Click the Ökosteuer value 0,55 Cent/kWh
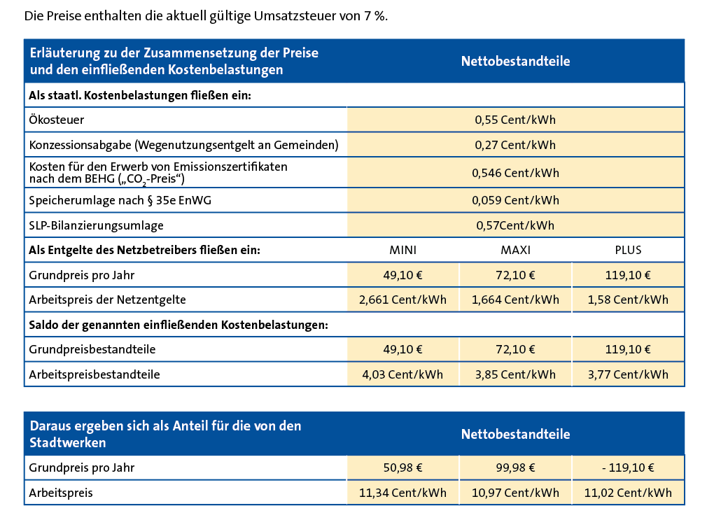pyautogui.click(x=515, y=120)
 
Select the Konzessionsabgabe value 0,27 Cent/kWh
pyautogui.click(x=515, y=145)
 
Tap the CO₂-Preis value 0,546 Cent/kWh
pyautogui.click(x=515, y=173)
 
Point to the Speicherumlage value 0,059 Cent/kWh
pyautogui.click(x=515, y=200)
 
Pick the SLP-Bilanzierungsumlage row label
pyautogui.click(x=96, y=225)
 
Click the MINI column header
pyautogui.click(x=402, y=250)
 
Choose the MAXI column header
pyautogui.click(x=515, y=250)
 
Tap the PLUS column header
pyautogui.click(x=628, y=250)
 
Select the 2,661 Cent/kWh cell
pyautogui.click(x=402, y=300)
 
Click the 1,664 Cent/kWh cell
pyautogui.click(x=515, y=300)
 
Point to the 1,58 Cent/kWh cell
pyautogui.click(x=628, y=300)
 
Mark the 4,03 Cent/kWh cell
pyautogui.click(x=402, y=374)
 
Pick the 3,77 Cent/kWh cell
pyautogui.click(x=628, y=374)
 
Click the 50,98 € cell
pyautogui.click(x=402, y=468)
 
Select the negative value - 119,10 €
pyautogui.click(x=628, y=468)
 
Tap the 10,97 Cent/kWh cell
pyautogui.click(x=515, y=493)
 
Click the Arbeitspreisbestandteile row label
pyautogui.click(x=94, y=374)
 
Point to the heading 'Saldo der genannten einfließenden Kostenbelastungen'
pyautogui.click(x=178, y=325)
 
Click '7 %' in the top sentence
pyautogui.click(x=375, y=16)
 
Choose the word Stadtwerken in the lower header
pyautogui.click(x=68, y=443)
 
